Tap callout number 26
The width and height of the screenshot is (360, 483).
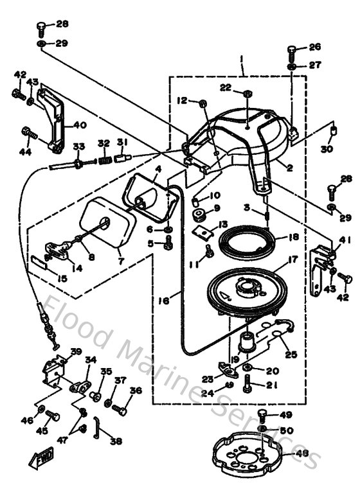(314, 47)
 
